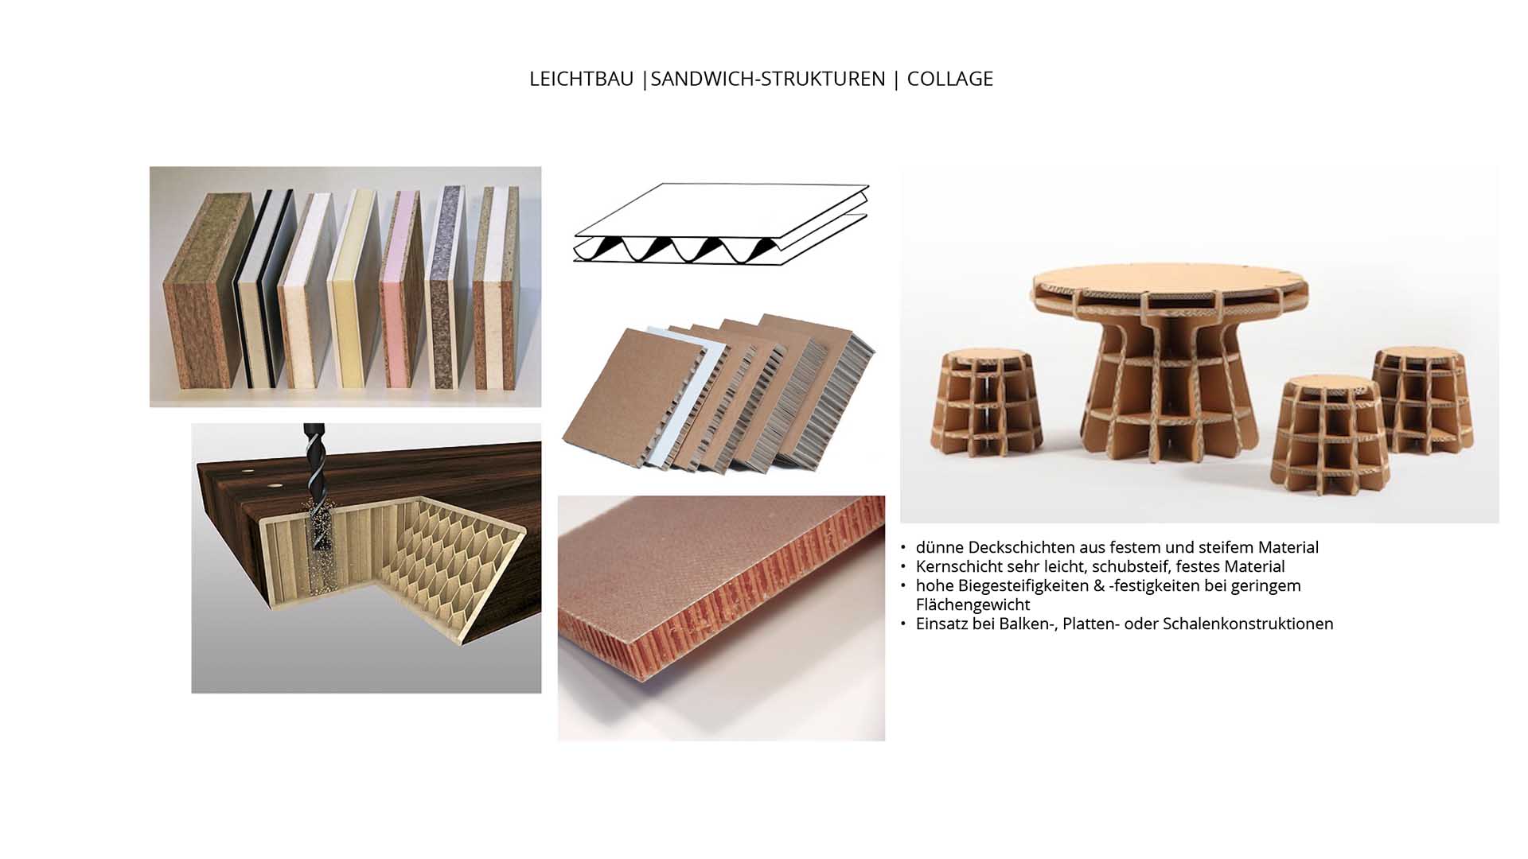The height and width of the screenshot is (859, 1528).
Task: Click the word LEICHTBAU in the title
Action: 581,79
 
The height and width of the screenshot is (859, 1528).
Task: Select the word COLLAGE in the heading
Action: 949,79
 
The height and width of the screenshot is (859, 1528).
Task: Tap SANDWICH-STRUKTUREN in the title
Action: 768,79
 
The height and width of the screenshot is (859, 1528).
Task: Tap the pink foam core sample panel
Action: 402,290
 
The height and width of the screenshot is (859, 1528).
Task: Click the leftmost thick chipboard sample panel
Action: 208,290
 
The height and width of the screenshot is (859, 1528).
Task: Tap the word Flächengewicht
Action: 973,604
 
